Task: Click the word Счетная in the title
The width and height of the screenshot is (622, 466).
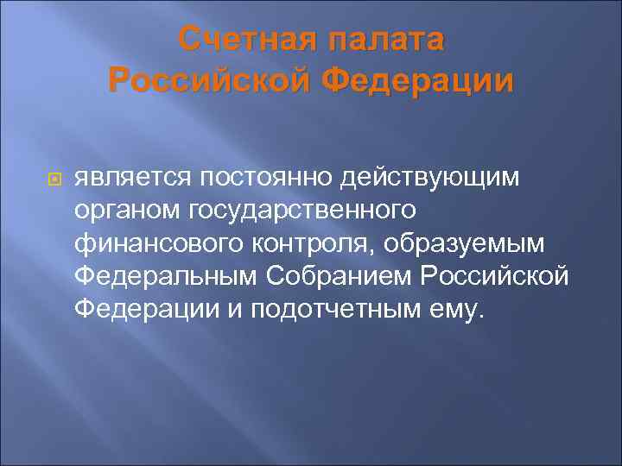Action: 244,41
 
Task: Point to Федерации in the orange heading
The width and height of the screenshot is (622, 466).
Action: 417,80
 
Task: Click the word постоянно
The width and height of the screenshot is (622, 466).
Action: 271,179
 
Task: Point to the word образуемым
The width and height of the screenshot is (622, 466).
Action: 468,244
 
